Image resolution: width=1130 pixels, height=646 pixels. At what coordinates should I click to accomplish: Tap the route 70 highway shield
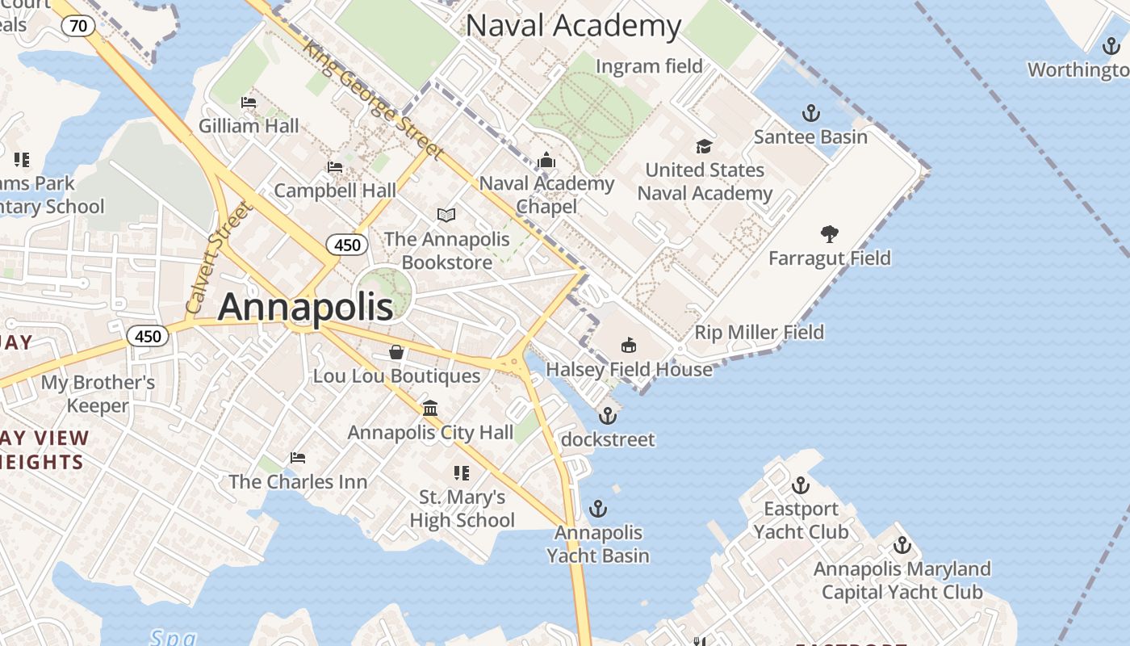pos(78,26)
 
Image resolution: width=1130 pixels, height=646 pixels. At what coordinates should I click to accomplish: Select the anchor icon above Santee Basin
pos(810,112)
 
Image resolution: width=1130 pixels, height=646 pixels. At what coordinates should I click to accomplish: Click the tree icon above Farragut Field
pos(829,234)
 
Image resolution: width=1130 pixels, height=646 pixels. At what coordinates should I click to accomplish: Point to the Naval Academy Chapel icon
pos(546,160)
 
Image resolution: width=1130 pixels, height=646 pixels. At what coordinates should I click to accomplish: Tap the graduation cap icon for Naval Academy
pos(704,146)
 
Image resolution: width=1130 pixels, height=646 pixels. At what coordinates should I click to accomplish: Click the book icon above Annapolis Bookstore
pos(446,215)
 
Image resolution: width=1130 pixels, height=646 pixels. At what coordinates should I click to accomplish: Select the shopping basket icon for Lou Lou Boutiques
pos(396,352)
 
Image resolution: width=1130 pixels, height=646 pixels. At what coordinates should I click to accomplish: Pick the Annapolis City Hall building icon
pos(430,408)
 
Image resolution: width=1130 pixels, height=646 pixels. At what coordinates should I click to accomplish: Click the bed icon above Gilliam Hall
pos(249,103)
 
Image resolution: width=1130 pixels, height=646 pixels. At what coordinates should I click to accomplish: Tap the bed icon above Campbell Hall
pos(335,167)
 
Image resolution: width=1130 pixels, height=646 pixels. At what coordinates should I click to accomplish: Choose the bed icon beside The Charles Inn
pos(298,458)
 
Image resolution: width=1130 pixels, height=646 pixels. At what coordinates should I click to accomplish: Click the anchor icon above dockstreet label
pos(607,416)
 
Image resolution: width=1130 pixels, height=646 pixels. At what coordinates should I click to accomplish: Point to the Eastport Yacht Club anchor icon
pos(800,485)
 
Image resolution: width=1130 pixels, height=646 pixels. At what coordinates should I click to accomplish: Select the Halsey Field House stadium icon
pos(629,346)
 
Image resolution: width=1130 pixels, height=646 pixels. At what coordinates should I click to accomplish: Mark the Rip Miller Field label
pos(759,332)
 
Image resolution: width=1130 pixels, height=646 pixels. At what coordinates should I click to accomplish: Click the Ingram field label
pos(649,65)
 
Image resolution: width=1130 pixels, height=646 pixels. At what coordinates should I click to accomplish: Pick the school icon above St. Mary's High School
pos(462,472)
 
